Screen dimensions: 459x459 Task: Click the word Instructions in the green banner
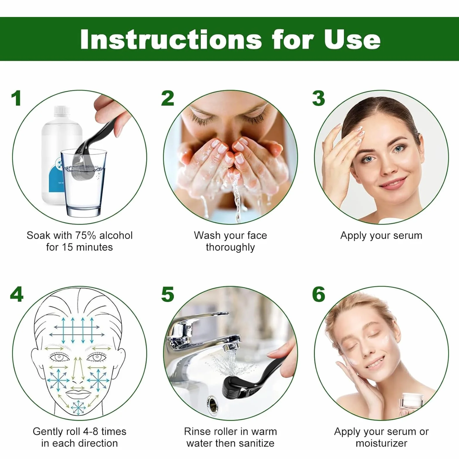[x=171, y=39]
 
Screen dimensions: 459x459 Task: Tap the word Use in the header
[x=352, y=39]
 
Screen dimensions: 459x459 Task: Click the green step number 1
[x=16, y=98]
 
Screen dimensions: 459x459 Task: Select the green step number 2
[x=168, y=98]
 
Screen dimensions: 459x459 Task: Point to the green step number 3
[x=318, y=98]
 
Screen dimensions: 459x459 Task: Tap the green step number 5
[x=168, y=294]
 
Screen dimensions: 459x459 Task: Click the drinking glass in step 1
[x=83, y=183]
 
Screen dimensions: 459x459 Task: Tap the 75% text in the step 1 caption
[x=86, y=235]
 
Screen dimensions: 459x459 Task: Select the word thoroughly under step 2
[x=230, y=248]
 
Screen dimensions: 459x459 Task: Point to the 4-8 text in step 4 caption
[x=91, y=431]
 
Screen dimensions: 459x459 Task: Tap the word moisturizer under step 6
[x=381, y=443]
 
